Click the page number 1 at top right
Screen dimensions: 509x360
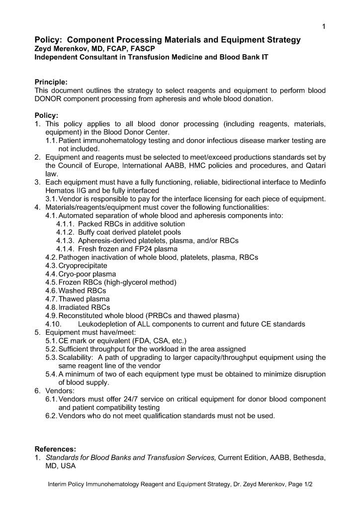[x=324, y=27]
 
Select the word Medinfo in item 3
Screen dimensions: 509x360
[x=312, y=182]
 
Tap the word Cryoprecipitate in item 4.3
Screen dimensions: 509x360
[x=83, y=265]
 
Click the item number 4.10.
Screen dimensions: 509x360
[x=53, y=324]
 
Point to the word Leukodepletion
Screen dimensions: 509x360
[x=104, y=324]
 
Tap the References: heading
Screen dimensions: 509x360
[x=55, y=449]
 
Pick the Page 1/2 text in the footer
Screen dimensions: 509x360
[x=298, y=484]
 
